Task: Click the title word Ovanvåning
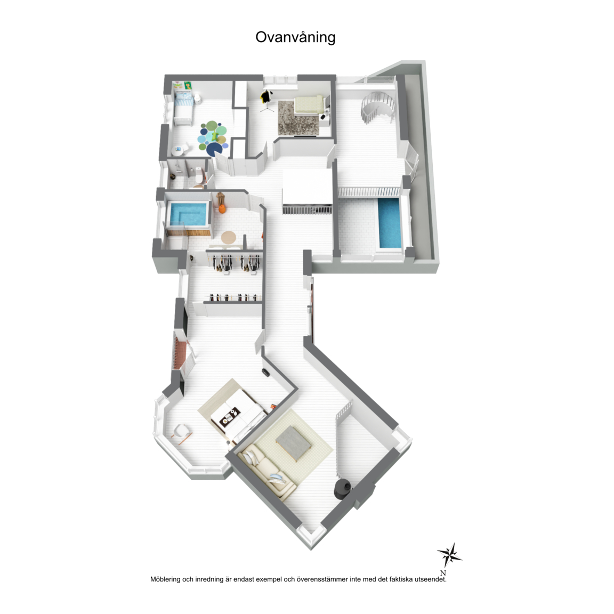295,38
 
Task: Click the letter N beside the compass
443,573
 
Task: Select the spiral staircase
378,107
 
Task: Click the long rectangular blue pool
390,223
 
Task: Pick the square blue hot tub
188,215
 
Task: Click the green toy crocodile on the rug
215,135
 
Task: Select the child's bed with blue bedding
183,109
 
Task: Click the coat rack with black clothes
266,100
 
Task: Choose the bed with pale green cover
309,104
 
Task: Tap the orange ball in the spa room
222,209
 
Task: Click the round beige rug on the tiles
229,237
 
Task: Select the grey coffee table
294,442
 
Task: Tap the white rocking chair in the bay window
182,433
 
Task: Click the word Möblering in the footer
165,579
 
